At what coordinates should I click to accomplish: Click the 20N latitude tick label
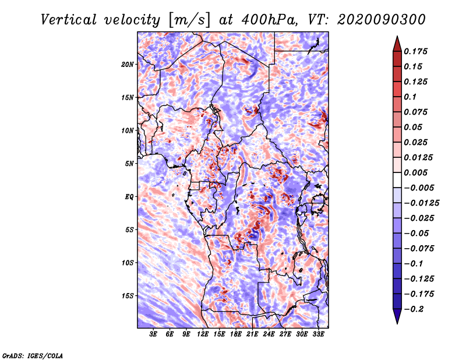tap(128, 65)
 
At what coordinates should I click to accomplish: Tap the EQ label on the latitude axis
tap(129, 197)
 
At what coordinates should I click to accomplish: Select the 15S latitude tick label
tap(128, 296)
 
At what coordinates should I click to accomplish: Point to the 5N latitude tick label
tap(129, 164)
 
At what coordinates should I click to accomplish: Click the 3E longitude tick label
tap(153, 334)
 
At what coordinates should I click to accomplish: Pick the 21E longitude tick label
tap(252, 334)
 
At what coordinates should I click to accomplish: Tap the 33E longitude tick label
tap(318, 334)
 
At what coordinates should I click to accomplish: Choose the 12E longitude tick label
tap(203, 334)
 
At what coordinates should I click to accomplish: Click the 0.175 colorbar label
tap(415, 51)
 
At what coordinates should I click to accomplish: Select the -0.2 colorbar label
tap(414, 309)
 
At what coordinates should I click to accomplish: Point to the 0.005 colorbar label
tap(415, 172)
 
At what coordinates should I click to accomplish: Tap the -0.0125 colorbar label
tap(421, 203)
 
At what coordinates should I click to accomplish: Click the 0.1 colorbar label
tap(410, 97)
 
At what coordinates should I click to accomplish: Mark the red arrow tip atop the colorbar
tap(397, 36)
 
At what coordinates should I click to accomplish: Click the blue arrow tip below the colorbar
tap(397, 323)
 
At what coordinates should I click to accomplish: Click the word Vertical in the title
tap(69, 20)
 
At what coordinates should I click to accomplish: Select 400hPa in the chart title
tap(269, 20)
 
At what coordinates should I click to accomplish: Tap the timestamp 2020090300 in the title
tap(382, 20)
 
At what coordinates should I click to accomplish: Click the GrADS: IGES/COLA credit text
tap(33, 355)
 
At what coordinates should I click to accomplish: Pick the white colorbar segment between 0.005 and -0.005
tap(397, 180)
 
